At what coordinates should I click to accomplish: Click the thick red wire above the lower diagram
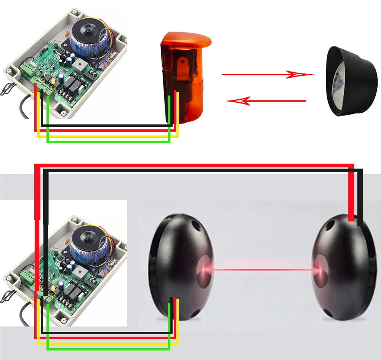(x=190, y=166)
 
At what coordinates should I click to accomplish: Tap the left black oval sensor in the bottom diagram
(x=179, y=266)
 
